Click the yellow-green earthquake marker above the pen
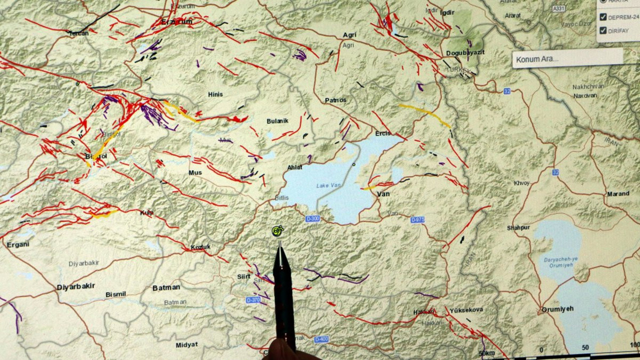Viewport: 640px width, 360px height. pyautogui.click(x=277, y=230)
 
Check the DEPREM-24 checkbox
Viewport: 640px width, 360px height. pyautogui.click(x=603, y=17)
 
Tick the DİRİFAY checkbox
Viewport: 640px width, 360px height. pyautogui.click(x=603, y=30)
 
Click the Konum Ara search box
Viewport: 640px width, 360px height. pyautogui.click(x=567, y=59)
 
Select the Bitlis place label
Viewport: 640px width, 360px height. pyautogui.click(x=281, y=198)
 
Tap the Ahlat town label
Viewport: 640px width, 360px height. pyautogui.click(x=295, y=167)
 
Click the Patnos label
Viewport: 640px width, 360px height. pyautogui.click(x=335, y=100)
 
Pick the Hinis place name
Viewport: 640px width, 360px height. pyautogui.click(x=215, y=94)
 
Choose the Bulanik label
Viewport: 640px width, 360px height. pyautogui.click(x=277, y=121)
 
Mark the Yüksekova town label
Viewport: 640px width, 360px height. pyautogui.click(x=466, y=310)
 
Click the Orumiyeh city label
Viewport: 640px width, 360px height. pyautogui.click(x=557, y=309)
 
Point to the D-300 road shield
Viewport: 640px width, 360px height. pyautogui.click(x=312, y=218)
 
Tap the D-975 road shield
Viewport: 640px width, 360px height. pyautogui.click(x=417, y=219)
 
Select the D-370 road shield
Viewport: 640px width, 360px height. pyautogui.click(x=253, y=300)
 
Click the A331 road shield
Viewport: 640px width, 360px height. pyautogui.click(x=559, y=9)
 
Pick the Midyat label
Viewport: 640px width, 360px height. pyautogui.click(x=186, y=345)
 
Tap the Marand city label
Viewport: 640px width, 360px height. pyautogui.click(x=618, y=194)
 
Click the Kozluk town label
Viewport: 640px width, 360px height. pyautogui.click(x=200, y=247)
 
